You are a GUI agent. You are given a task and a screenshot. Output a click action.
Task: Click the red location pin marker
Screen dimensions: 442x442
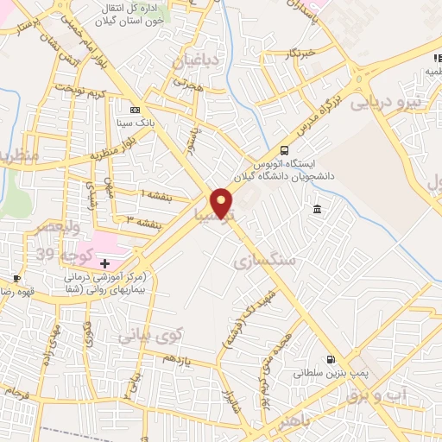tap(222, 203)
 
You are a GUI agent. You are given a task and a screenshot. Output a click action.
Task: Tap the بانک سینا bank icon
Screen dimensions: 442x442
tap(135, 110)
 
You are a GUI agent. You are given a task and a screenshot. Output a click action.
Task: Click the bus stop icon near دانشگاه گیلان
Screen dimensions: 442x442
tap(286, 148)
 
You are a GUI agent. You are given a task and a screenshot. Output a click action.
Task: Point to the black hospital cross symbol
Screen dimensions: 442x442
tap(105, 262)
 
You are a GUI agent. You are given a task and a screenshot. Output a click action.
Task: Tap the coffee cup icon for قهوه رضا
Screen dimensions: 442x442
tap(16, 277)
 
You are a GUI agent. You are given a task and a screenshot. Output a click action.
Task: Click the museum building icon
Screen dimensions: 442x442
tap(318, 210)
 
